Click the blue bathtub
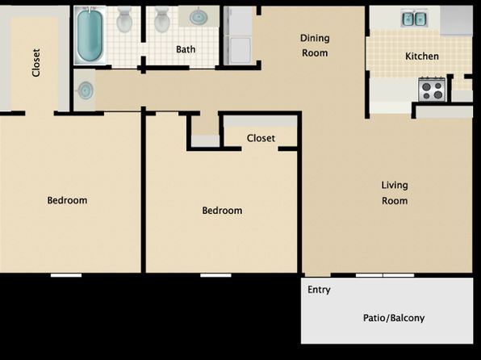coord(90,35)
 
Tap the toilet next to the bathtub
coord(124,20)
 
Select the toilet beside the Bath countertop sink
coord(162,20)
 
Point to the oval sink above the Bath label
coord(199,17)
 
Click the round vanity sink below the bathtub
coord(85,90)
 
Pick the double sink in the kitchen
coord(414,19)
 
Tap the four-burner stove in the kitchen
coord(432,90)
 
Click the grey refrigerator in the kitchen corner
coord(456,20)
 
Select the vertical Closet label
coord(36,63)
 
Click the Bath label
coord(186,49)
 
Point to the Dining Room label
coord(315,45)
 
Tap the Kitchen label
coord(422,57)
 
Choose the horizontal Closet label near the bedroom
coord(261,138)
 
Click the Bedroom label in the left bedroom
coord(67,200)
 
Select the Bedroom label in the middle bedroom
coord(222,211)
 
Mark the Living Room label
coord(395,193)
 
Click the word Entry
coord(319,290)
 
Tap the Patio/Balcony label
coord(394,318)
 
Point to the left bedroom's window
coord(66,275)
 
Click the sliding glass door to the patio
coord(385,275)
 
